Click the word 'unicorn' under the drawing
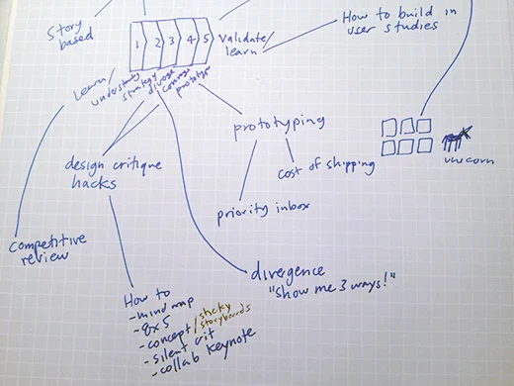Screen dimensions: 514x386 [465, 161]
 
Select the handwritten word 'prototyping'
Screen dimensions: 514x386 [279, 128]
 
